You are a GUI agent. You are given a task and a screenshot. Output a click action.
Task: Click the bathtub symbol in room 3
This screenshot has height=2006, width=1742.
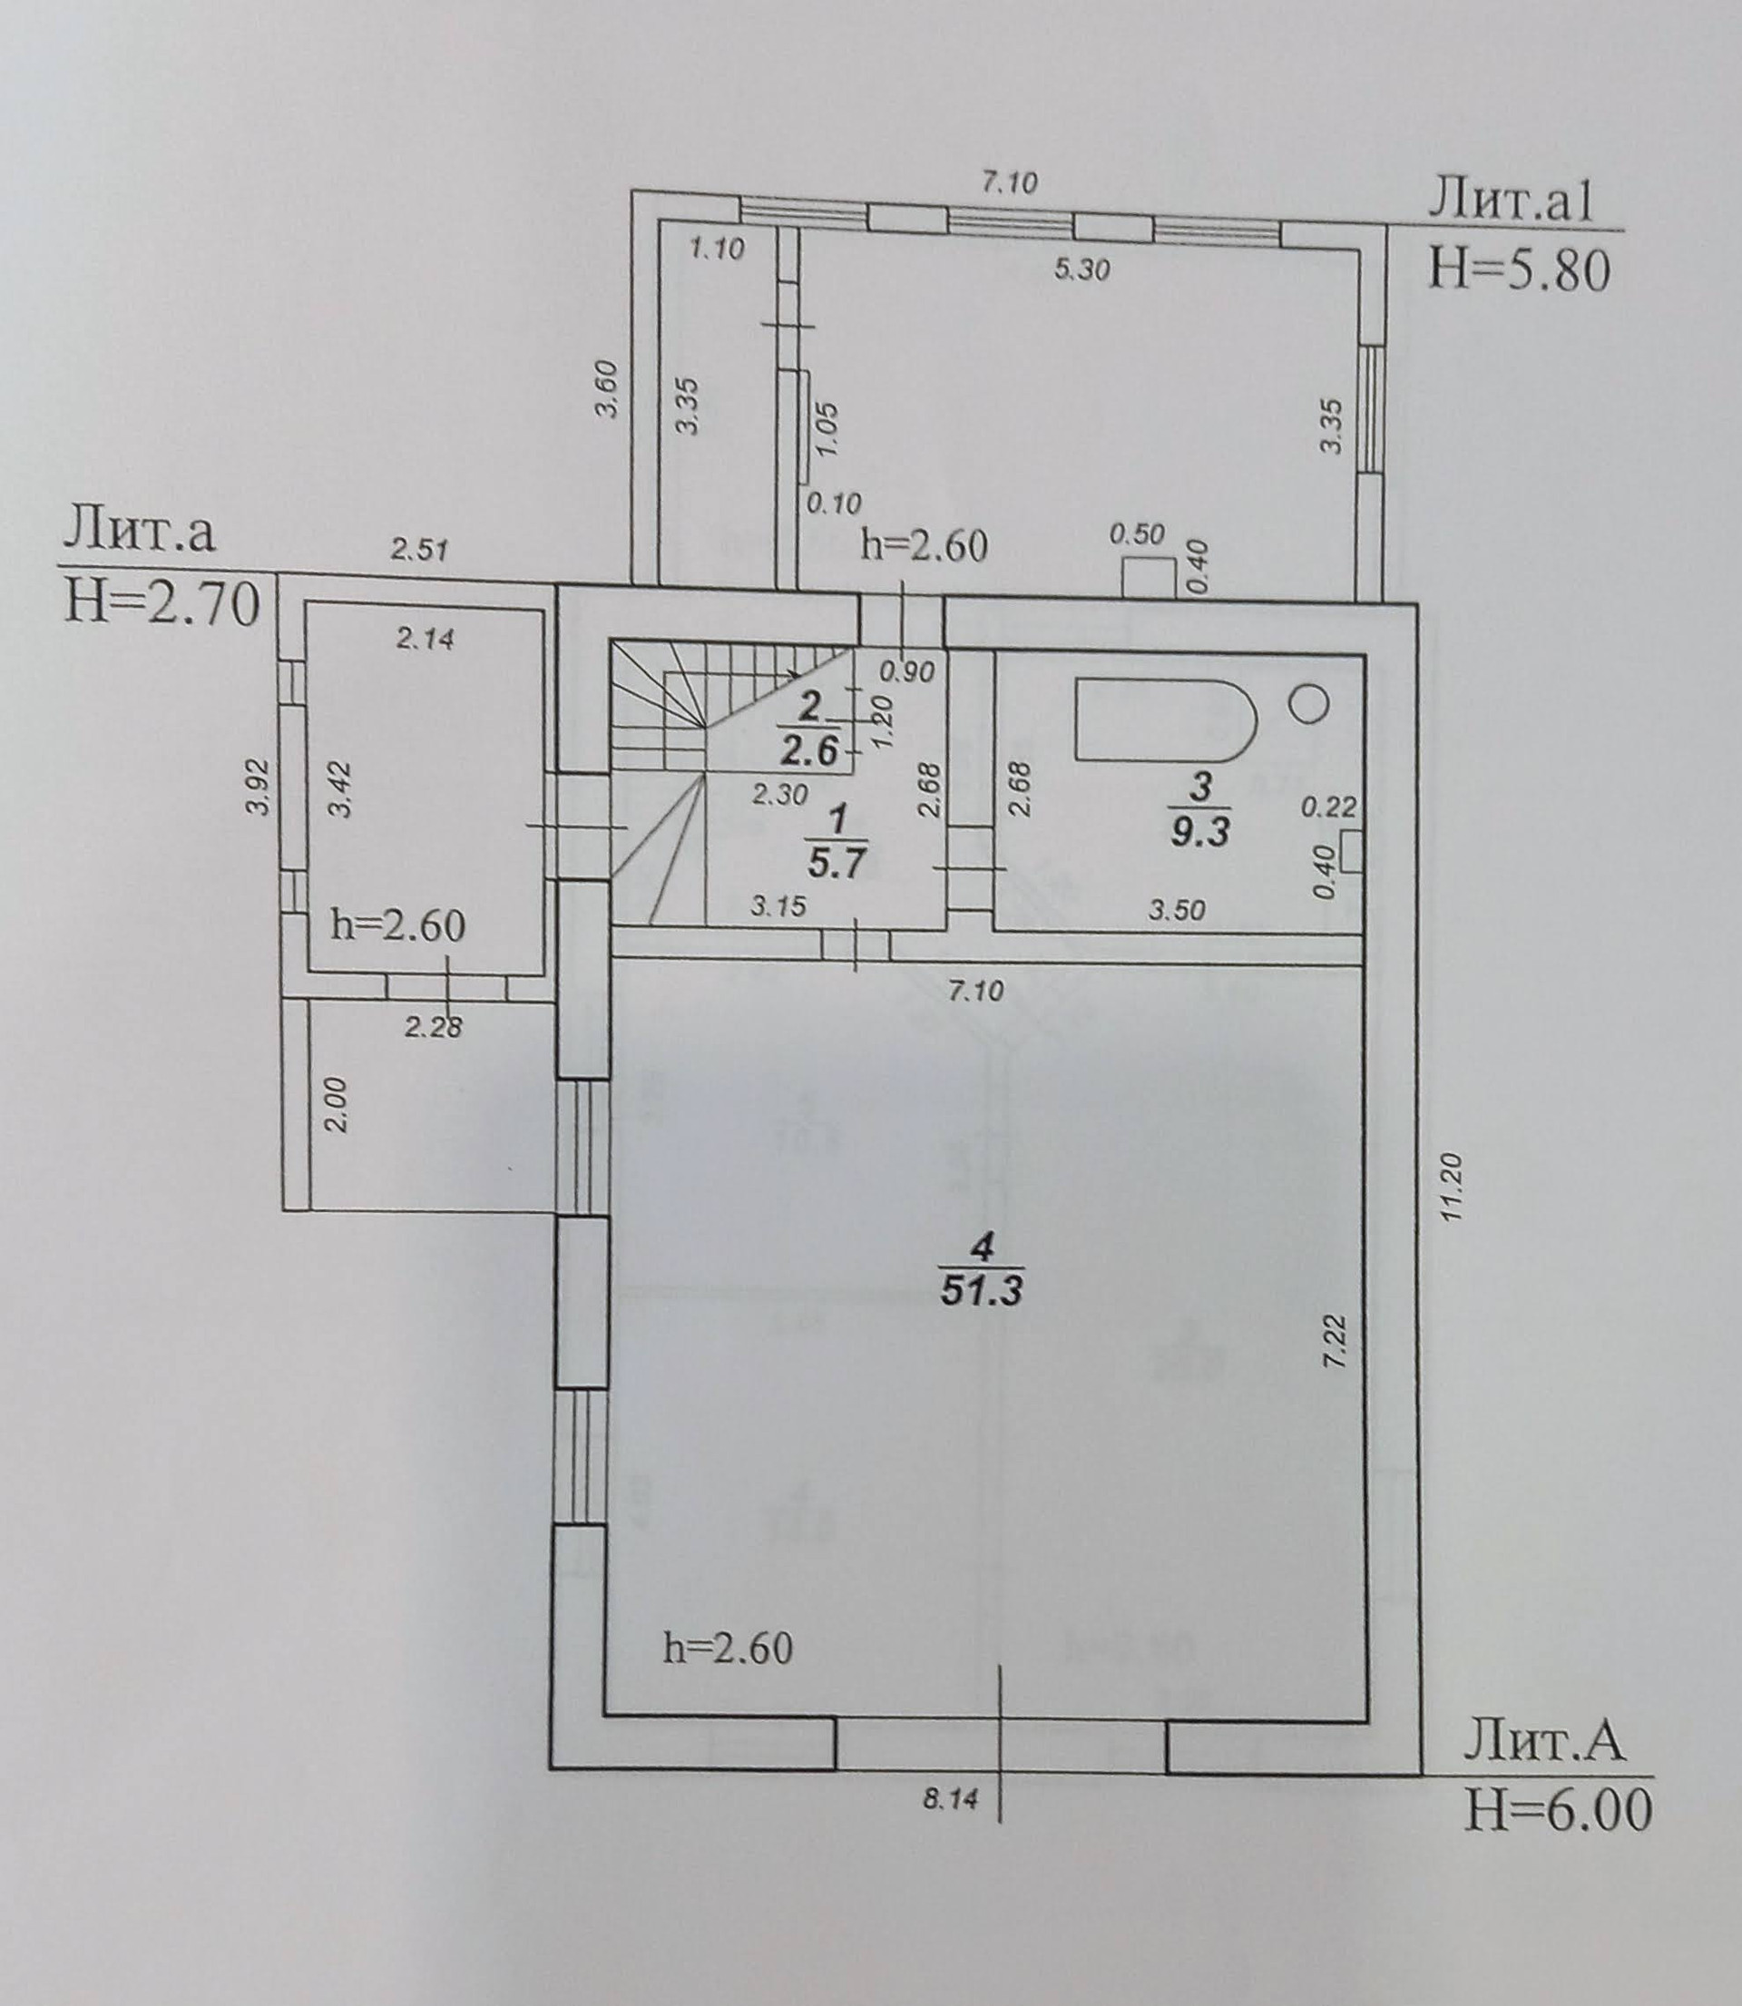click(x=1165, y=720)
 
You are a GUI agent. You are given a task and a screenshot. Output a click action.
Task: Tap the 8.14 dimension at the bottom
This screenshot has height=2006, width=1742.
click(x=950, y=1799)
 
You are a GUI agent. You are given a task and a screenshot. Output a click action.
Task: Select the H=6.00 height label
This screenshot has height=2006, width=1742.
click(x=1559, y=1811)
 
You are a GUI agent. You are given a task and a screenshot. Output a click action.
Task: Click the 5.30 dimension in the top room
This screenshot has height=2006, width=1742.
click(x=1081, y=269)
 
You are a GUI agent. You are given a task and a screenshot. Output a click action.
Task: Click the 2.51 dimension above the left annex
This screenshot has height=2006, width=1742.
click(x=420, y=550)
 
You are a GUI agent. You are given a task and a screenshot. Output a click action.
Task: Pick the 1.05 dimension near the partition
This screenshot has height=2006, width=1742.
click(x=827, y=428)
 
